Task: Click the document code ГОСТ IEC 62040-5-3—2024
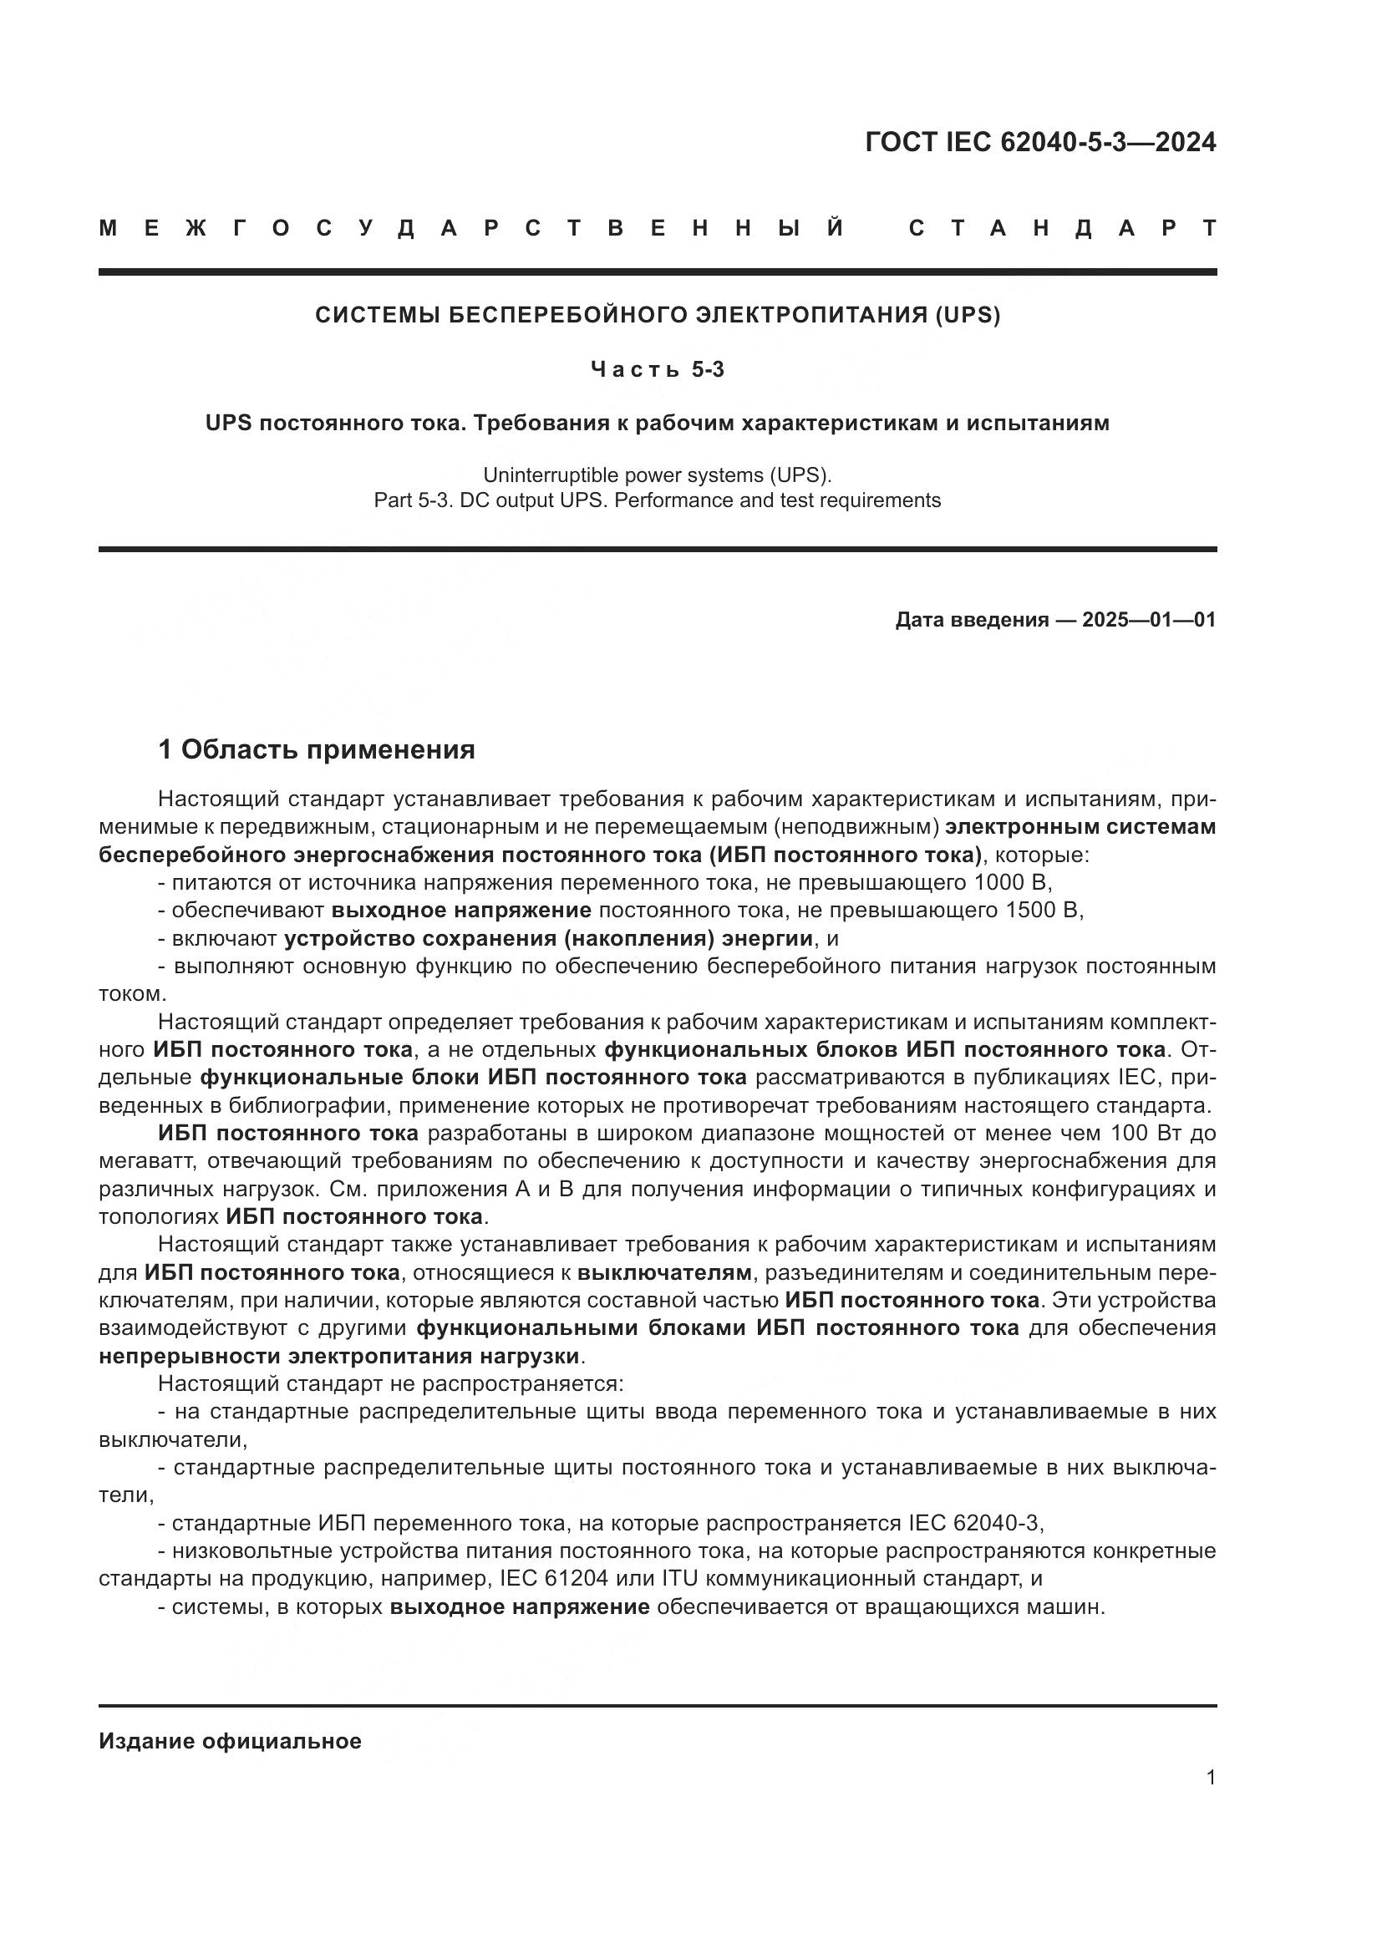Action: [1040, 142]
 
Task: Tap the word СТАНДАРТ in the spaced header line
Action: [1062, 228]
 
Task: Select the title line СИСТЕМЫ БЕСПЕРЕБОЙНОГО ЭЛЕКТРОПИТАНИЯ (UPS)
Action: [658, 315]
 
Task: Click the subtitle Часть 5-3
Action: [658, 369]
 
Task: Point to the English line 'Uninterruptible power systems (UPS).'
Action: [658, 474]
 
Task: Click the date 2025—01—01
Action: [1149, 620]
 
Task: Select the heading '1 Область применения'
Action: [317, 749]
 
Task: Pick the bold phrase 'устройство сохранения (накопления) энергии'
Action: [548, 939]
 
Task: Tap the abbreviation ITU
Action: [680, 1579]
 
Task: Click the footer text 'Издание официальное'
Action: [230, 1741]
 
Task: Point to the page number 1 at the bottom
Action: [1210, 1778]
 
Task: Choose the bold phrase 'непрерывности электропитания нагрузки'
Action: [338, 1356]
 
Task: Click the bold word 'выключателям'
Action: [664, 1273]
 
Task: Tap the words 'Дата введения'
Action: [972, 620]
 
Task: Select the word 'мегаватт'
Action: [148, 1162]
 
